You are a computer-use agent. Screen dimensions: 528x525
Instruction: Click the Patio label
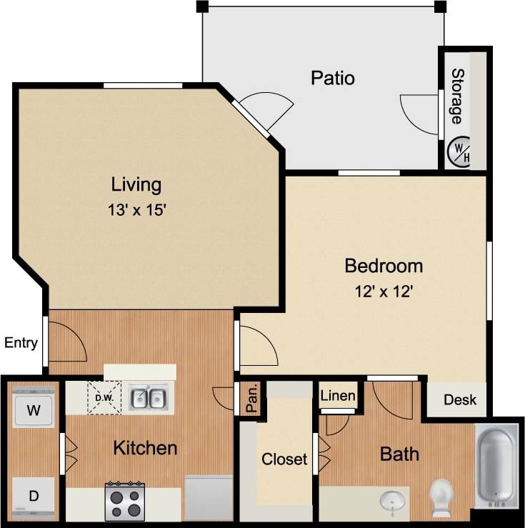pos(333,77)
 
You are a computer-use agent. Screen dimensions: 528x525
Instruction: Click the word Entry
pos(21,343)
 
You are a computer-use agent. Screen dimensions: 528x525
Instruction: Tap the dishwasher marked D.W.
pos(104,397)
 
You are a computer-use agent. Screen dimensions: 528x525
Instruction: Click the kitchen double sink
pos(149,397)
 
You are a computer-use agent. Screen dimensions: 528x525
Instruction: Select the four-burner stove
pos(124,501)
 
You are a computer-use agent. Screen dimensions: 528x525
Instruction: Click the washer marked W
pos(33,409)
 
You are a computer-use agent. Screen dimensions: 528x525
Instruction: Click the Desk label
pos(459,400)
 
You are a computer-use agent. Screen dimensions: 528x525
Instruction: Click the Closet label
pos(284,459)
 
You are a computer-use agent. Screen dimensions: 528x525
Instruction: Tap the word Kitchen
pos(145,448)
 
